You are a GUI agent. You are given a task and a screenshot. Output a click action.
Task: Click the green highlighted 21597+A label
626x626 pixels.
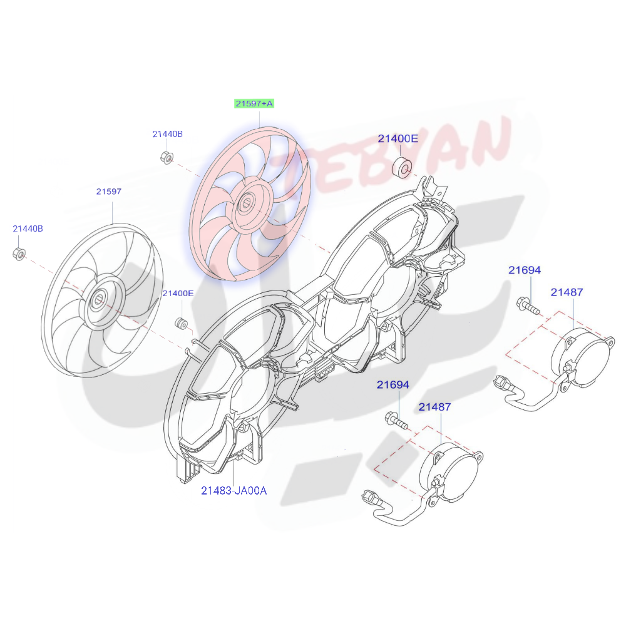pyautogui.click(x=254, y=103)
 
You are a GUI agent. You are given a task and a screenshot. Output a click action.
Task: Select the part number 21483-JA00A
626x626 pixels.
pyautogui.click(x=233, y=491)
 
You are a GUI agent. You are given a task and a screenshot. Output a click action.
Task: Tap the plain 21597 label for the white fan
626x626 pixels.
pyautogui.click(x=108, y=192)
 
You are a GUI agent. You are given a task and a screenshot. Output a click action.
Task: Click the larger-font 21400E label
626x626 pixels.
pyautogui.click(x=397, y=139)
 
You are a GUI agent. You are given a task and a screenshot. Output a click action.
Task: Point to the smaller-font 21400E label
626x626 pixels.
pyautogui.click(x=178, y=293)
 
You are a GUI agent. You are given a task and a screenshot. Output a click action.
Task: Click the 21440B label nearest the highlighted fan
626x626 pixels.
pyautogui.click(x=167, y=134)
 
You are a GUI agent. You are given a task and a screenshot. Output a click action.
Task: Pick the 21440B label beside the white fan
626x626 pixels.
pyautogui.click(x=28, y=229)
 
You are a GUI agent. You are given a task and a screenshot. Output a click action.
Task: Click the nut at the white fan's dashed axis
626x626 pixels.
pyautogui.click(x=19, y=254)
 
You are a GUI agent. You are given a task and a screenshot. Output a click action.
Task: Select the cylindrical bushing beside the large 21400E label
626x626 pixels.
pyautogui.click(x=401, y=167)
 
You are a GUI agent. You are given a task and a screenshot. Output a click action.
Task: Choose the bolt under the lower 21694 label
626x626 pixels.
pyautogui.click(x=396, y=420)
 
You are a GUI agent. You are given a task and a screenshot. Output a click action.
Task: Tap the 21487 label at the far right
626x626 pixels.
pyautogui.click(x=567, y=292)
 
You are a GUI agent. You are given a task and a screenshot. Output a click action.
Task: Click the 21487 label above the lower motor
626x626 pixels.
pyautogui.click(x=434, y=407)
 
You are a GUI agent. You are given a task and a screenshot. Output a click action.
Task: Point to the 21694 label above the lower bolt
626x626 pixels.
pyautogui.click(x=393, y=384)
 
